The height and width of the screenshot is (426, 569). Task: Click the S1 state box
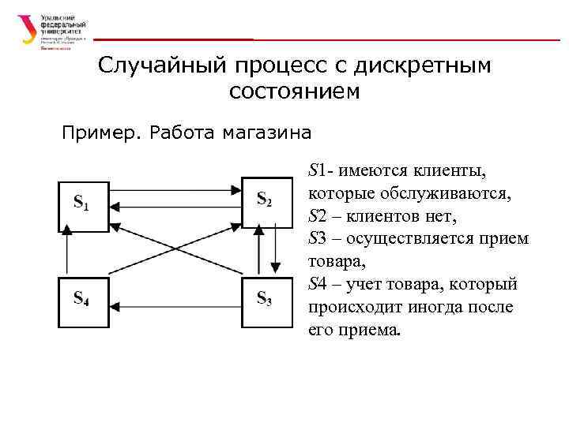click(83, 206)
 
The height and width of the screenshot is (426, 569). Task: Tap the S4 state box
click(83, 300)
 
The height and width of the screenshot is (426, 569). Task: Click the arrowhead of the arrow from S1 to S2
click(236, 189)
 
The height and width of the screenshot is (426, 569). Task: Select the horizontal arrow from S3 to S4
click(174, 300)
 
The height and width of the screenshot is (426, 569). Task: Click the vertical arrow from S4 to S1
click(67, 252)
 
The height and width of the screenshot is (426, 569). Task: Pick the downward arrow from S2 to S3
click(274, 252)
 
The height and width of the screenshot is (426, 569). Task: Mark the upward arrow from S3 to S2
click(257, 252)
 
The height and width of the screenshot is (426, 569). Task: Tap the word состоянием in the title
click(294, 92)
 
